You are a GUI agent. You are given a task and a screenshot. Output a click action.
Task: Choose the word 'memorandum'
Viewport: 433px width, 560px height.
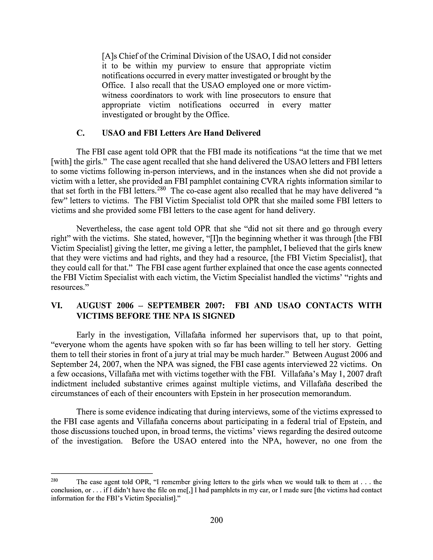pyautogui.click(x=326, y=394)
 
